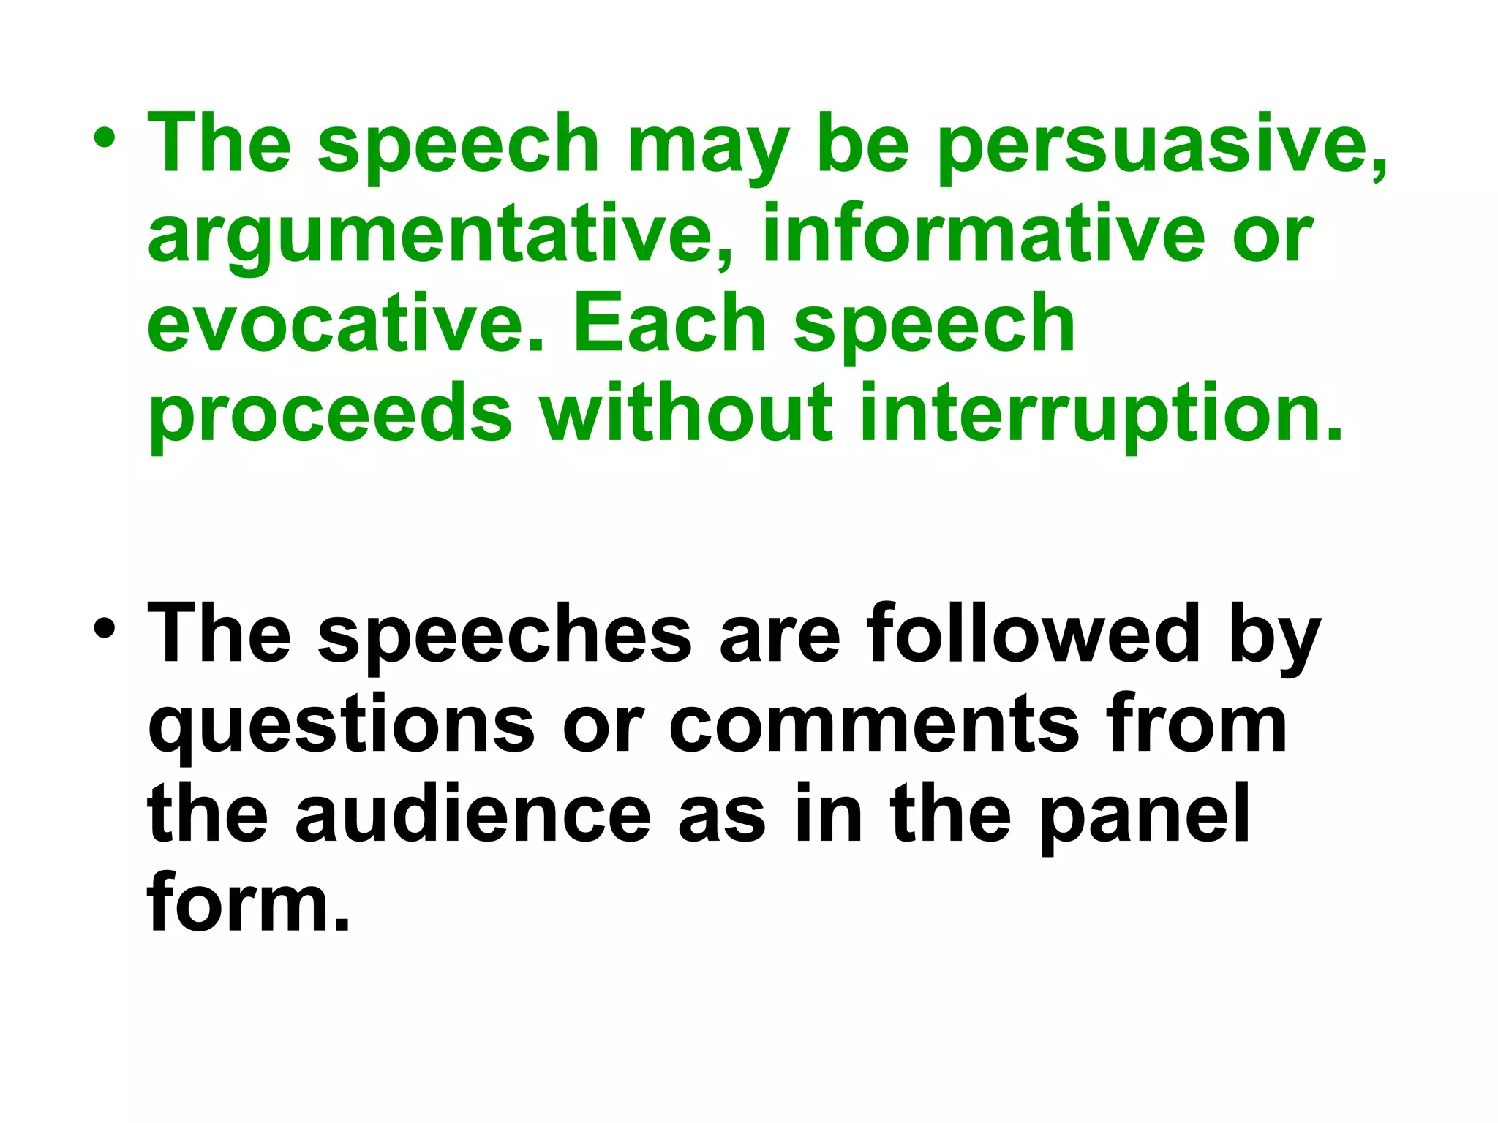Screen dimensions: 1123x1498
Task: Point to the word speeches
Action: [x=505, y=635]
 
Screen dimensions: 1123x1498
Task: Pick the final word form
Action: [x=249, y=904]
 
